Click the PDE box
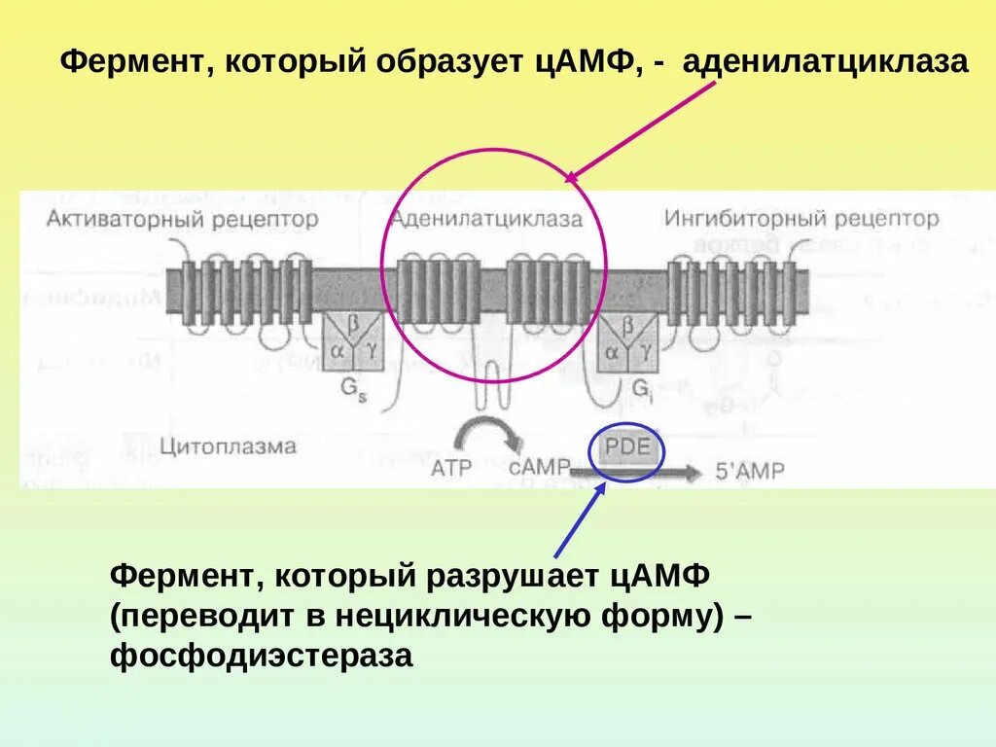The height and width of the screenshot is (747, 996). (627, 450)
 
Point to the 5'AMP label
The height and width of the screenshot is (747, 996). (750, 471)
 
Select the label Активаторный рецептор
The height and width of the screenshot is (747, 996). (182, 219)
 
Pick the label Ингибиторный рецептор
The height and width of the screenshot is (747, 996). (801, 219)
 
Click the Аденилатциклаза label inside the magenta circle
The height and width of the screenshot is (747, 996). (486, 219)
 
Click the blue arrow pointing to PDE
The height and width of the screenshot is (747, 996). (579, 520)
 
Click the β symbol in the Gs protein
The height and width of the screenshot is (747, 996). (354, 326)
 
